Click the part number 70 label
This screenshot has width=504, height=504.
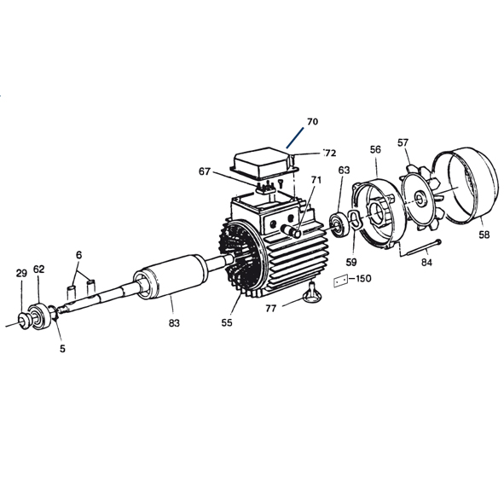point(312,122)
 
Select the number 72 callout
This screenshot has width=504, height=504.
point(329,154)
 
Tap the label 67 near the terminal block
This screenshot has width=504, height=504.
point(205,171)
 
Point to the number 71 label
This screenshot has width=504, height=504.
point(316,181)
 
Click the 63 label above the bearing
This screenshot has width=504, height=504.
point(344,170)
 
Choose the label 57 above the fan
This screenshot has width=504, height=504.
point(403,142)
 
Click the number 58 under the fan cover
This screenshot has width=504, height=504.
point(484,232)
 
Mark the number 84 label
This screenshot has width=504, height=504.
point(427,263)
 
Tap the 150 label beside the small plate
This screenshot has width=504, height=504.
point(363,279)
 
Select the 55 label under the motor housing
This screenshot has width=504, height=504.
point(227,323)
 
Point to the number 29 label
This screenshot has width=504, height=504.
point(21,273)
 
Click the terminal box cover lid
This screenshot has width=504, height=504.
point(264,163)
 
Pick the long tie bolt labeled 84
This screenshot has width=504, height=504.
point(419,248)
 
